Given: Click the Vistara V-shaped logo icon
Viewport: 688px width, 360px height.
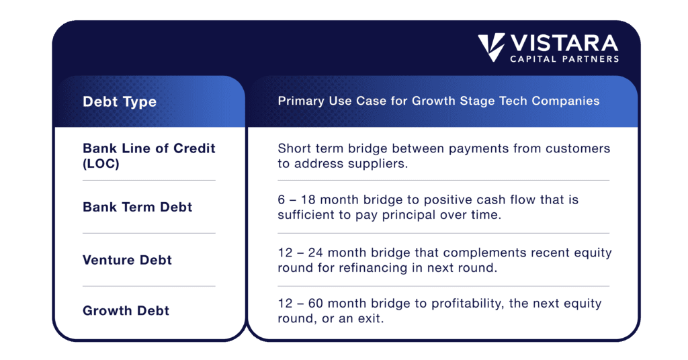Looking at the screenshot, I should [492, 48].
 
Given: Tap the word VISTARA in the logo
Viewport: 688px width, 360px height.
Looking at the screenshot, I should [564, 44].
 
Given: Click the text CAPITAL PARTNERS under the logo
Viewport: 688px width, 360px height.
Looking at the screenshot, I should [564, 59].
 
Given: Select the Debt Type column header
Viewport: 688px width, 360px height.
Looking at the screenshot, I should [120, 102].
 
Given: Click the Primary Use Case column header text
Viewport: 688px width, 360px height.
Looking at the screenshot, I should [439, 101].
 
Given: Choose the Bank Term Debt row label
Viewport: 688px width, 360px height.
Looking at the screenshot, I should [138, 207].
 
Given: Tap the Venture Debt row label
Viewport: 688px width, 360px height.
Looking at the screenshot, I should [127, 260].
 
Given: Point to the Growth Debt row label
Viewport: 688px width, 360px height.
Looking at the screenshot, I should [126, 311].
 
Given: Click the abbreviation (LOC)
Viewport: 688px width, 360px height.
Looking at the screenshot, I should [101, 163].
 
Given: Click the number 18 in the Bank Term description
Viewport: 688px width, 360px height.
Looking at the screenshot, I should [308, 200].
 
